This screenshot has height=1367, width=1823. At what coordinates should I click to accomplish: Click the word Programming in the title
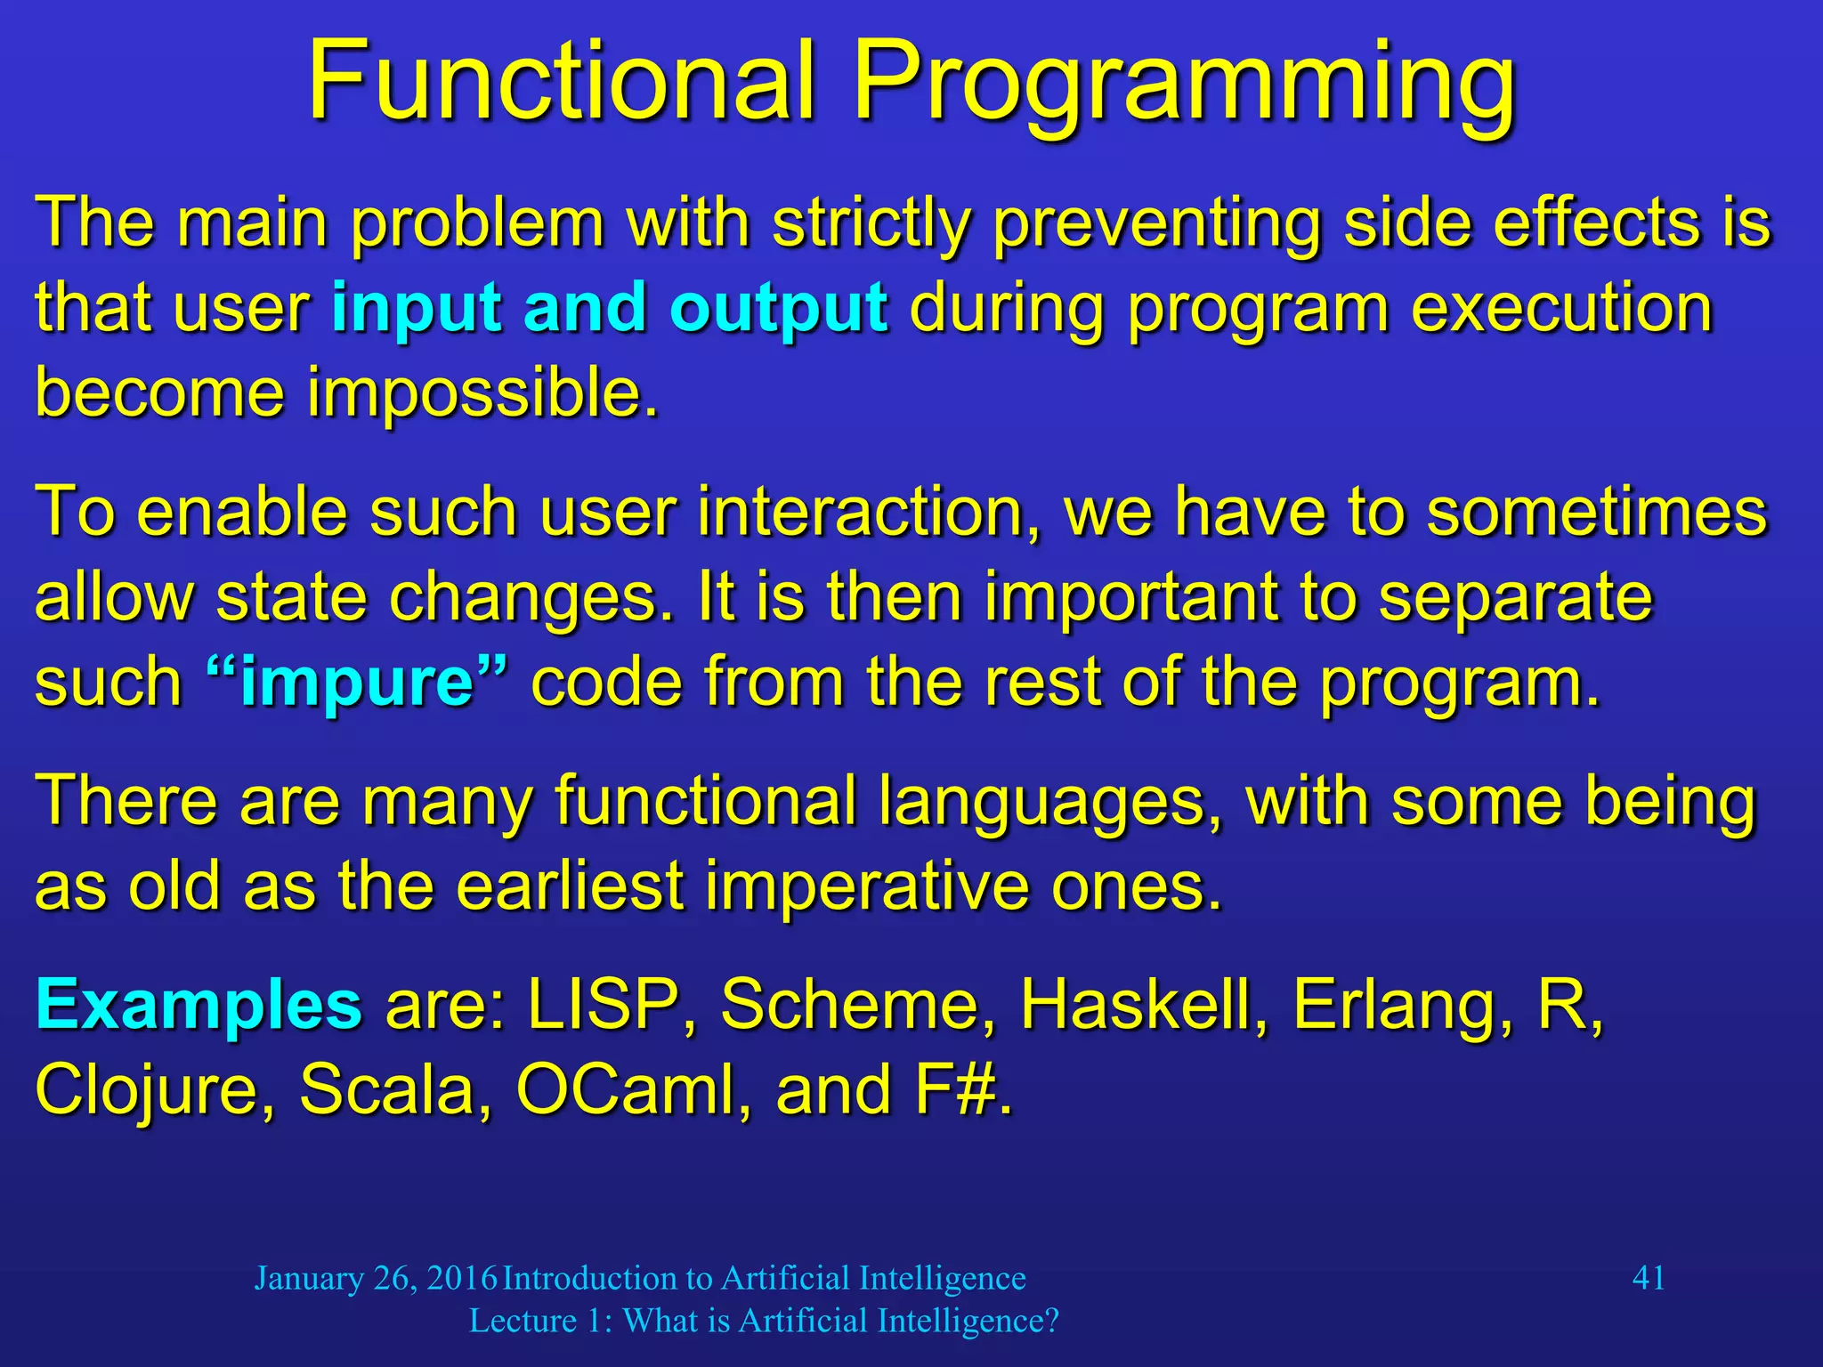pos(1184,85)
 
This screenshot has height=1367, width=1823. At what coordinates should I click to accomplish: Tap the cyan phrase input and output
pos(609,307)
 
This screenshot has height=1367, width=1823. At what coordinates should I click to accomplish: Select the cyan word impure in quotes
pos(357,682)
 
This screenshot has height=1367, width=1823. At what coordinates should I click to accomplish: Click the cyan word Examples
pos(199,1005)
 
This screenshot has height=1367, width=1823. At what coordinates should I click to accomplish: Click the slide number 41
pos(1649,1278)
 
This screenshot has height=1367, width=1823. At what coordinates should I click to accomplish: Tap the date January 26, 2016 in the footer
pos(376,1278)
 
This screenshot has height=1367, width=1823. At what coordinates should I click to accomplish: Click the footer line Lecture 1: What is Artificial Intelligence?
pos(764,1321)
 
